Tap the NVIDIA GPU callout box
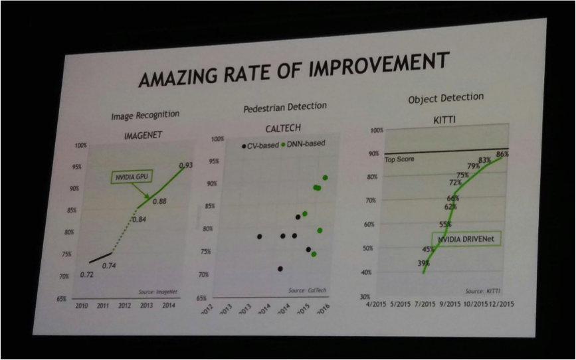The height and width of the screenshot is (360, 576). coord(133,178)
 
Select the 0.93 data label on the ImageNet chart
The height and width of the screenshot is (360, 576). coord(186,165)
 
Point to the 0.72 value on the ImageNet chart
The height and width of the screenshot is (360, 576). coord(86,274)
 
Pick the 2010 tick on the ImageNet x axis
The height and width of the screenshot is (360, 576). coord(82,306)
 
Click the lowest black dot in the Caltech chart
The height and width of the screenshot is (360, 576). coord(280,269)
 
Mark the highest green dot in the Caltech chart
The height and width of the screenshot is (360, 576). coord(326,177)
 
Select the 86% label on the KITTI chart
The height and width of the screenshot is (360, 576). coord(502,154)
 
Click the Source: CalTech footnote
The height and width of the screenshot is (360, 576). coord(307,290)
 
